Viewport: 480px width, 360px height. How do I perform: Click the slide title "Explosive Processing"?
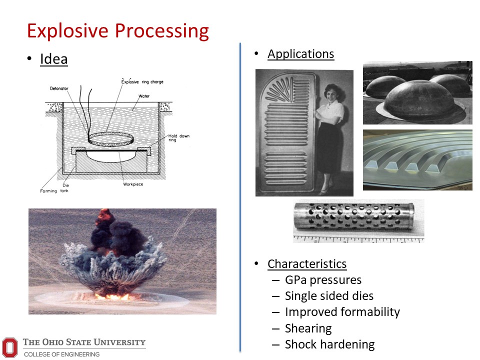pos(118,31)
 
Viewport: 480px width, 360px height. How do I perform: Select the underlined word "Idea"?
pos(54,59)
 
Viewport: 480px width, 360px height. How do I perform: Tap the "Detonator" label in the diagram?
pos(59,88)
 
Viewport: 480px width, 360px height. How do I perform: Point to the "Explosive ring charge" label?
pos(142,81)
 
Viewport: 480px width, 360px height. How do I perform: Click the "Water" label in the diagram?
pos(144,96)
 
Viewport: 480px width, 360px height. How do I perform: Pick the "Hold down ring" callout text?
pos(179,138)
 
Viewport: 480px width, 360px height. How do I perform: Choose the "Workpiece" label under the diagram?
pos(133,184)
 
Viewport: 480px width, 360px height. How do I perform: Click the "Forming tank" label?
pos(54,190)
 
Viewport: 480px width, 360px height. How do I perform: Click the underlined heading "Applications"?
pos(301,54)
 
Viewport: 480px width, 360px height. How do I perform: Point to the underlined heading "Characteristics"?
pos(307,264)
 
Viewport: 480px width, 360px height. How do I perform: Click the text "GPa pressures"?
pos(323,280)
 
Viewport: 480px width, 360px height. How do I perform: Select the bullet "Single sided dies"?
pos(329,296)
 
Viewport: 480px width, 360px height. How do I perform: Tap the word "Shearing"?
pos(308,328)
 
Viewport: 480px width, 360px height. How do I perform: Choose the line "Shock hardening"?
pos(330,344)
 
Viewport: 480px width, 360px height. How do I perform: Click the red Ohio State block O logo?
pos(10,347)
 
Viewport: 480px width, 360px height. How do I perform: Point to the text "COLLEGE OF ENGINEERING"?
pos(62,354)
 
